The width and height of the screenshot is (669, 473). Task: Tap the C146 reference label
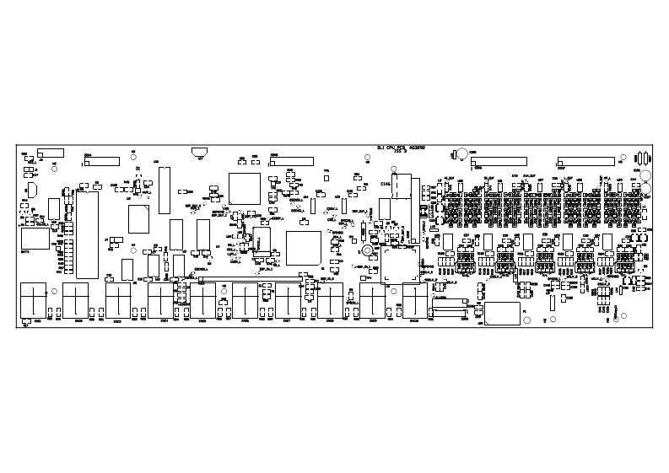(386, 183)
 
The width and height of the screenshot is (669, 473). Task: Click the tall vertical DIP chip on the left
(87, 234)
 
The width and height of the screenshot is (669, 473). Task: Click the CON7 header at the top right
(585, 161)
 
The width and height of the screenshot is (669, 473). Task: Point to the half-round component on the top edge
(200, 152)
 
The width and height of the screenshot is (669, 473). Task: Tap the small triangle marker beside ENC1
(26, 323)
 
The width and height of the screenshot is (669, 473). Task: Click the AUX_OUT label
(526, 178)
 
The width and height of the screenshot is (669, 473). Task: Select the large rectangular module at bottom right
(502, 313)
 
